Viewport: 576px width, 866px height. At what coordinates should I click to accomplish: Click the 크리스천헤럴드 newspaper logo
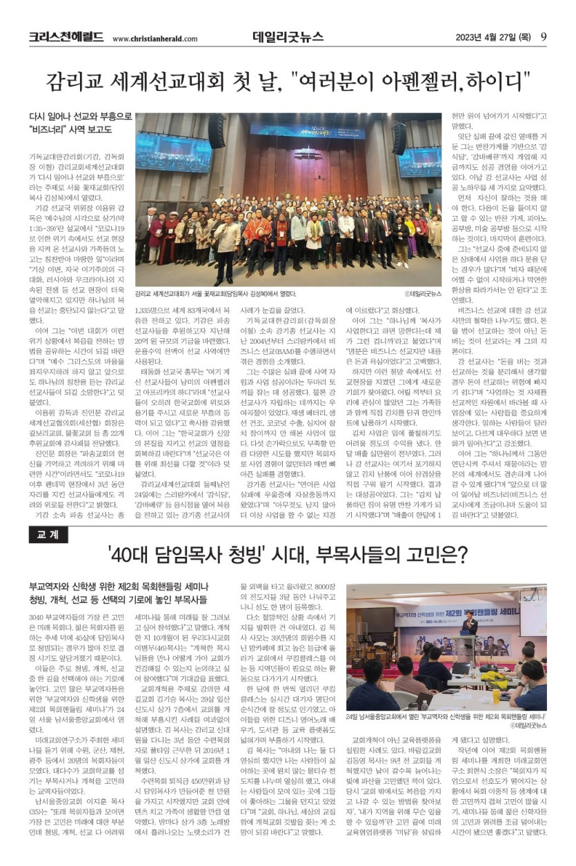[66, 37]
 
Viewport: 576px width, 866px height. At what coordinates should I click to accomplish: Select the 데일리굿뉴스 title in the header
[288, 37]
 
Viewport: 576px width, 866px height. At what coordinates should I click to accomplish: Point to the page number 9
[544, 37]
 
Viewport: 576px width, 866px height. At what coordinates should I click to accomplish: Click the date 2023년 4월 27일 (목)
[493, 38]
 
